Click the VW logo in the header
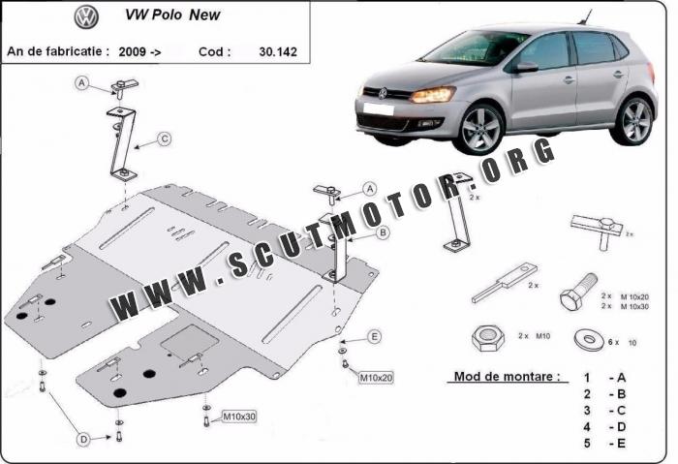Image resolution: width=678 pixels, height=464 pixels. pos(86,17)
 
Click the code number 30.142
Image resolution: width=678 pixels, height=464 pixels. pos(278,52)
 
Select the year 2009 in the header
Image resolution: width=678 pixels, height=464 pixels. pos(132,52)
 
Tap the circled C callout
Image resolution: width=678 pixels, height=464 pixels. pos(165,139)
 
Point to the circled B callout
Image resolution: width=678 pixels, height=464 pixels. pos(384,233)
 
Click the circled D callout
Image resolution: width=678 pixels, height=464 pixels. pos(83,440)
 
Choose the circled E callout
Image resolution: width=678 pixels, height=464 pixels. pos(375,336)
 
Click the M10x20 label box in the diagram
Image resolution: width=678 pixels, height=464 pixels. pos(376,378)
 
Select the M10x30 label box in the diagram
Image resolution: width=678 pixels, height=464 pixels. pos(239,417)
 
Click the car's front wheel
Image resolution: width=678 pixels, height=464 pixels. pos(480,129)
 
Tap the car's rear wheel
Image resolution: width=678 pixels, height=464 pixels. pos(634,121)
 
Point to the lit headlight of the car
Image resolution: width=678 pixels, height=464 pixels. pos(433,94)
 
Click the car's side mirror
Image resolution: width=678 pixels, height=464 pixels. pos(526,67)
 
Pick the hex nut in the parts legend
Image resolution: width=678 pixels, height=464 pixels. pos(488,337)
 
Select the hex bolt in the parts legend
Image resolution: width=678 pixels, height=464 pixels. pos(578,292)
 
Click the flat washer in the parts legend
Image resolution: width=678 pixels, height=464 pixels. pos(590,340)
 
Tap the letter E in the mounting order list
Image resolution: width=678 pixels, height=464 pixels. pos(621,444)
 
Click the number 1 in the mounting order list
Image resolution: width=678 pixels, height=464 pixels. pos(587,378)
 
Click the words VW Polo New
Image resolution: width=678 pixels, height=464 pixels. pos(172,15)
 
